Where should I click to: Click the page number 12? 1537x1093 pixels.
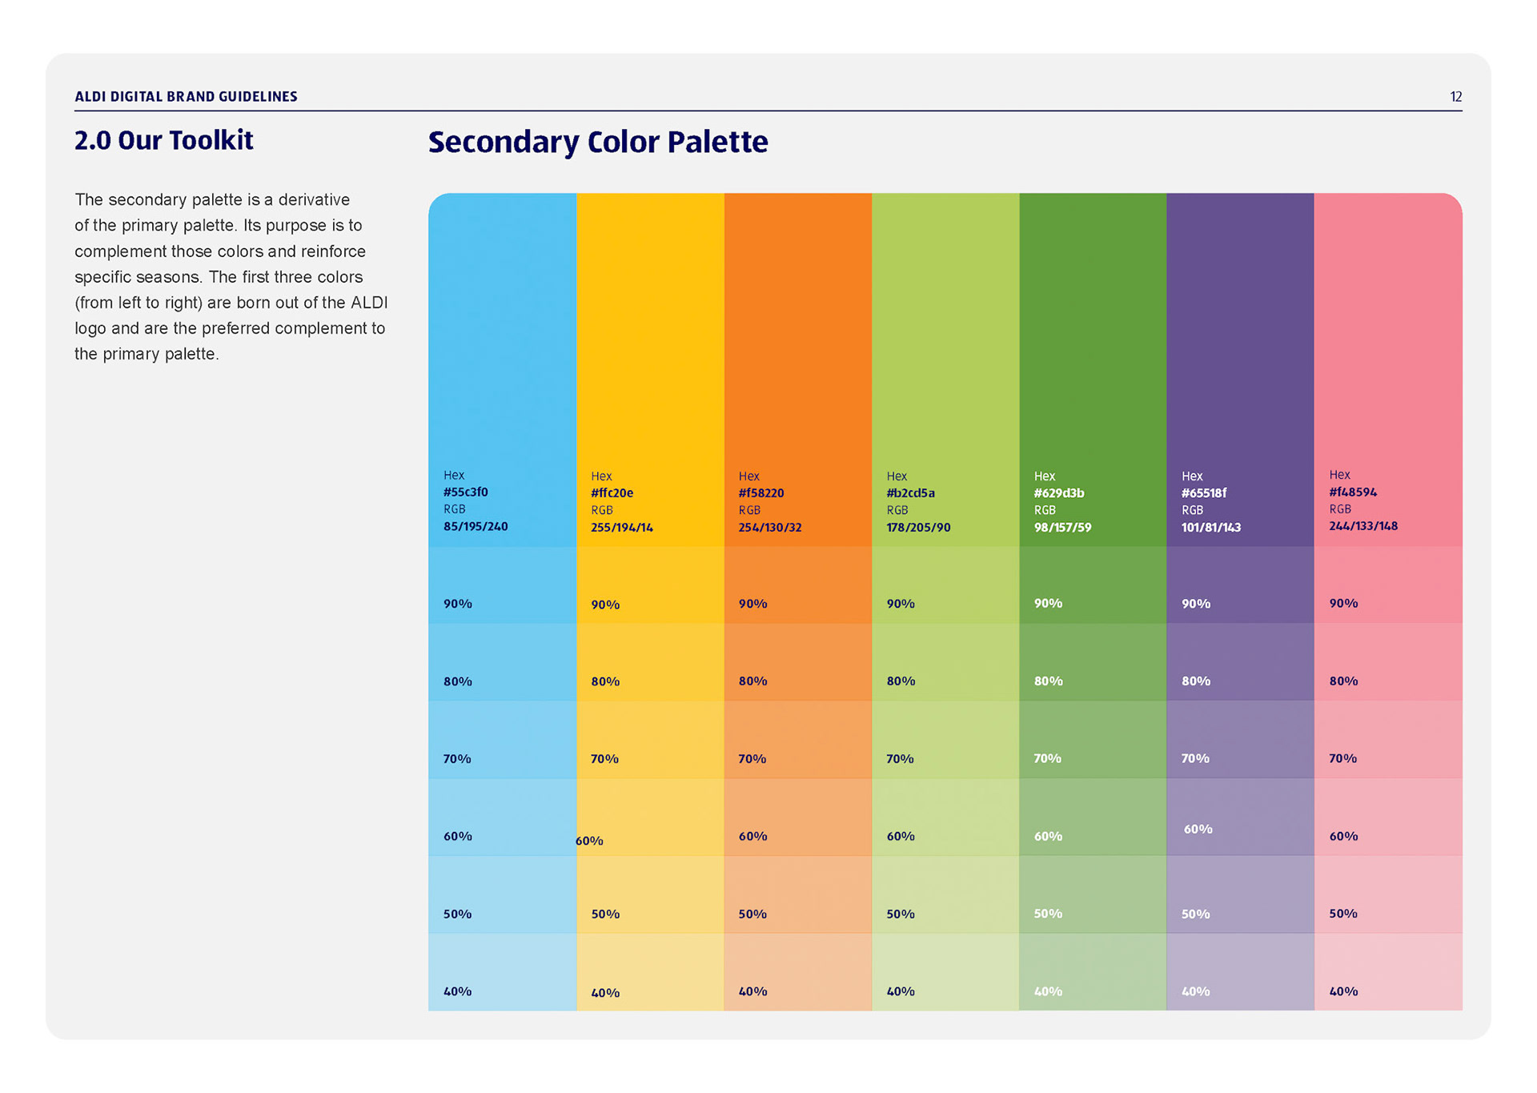pos(1455,97)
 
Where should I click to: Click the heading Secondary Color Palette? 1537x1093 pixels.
pos(597,142)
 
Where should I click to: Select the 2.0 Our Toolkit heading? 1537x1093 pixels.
pos(163,140)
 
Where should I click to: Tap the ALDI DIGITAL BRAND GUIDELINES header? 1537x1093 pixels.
pos(186,97)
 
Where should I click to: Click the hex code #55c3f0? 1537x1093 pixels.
pos(465,492)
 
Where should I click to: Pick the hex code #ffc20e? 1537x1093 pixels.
pos(612,492)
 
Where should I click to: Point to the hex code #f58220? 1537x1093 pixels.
pos(760,492)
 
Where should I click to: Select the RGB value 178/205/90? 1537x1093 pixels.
pos(918,527)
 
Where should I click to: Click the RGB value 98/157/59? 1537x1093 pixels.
pos(1062,527)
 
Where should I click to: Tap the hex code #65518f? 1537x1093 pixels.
pos(1203,492)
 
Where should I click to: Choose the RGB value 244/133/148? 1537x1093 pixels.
pos(1363,526)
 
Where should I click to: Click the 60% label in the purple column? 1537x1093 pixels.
pos(1198,829)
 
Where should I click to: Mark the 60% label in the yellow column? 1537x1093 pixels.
pos(589,841)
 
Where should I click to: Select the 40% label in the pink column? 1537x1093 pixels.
pos(1343,991)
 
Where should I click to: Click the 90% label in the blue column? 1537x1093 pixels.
pos(458,604)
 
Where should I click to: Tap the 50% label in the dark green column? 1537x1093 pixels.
pos(1048,914)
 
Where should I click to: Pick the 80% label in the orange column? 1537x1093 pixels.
pos(752,681)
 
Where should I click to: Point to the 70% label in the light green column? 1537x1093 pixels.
pos(900,758)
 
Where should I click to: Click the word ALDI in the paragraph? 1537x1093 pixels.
pos(369,303)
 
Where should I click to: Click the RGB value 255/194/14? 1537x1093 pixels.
pos(621,527)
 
